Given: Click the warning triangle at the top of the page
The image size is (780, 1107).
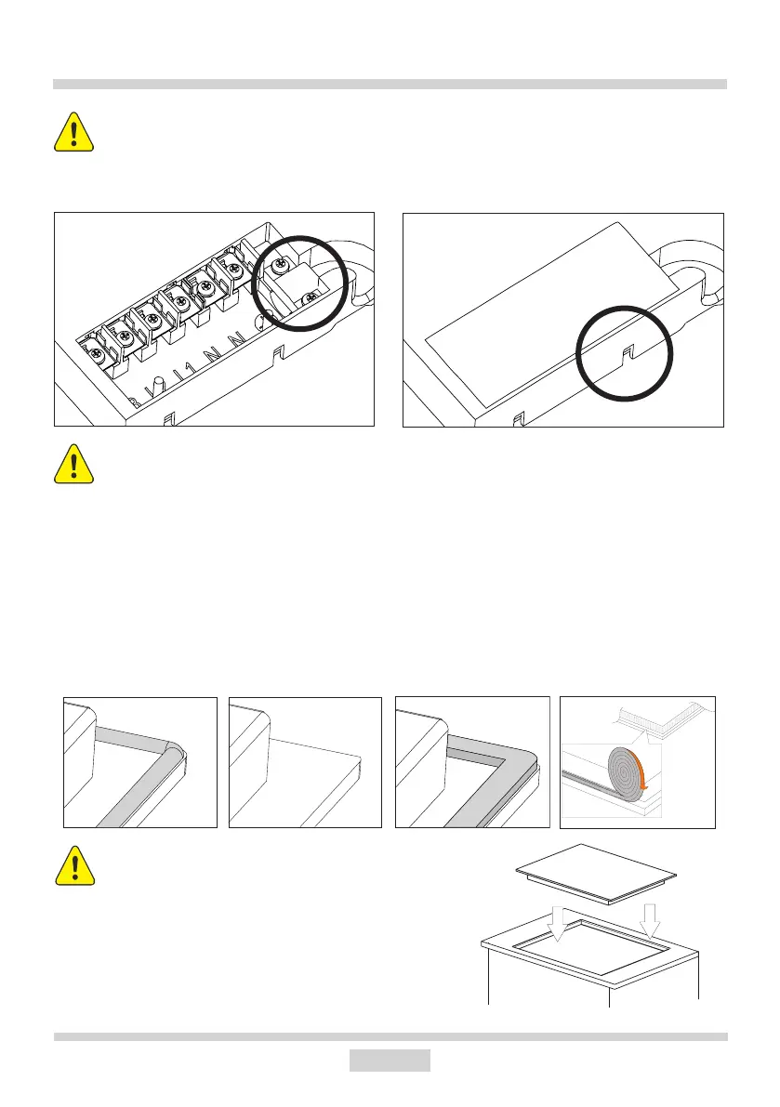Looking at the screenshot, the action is point(73,134).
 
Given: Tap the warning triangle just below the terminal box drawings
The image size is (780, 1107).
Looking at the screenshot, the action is point(73,465).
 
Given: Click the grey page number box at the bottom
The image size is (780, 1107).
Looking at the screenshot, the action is point(390,1060).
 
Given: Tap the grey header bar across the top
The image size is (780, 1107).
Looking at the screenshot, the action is point(390,84).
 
